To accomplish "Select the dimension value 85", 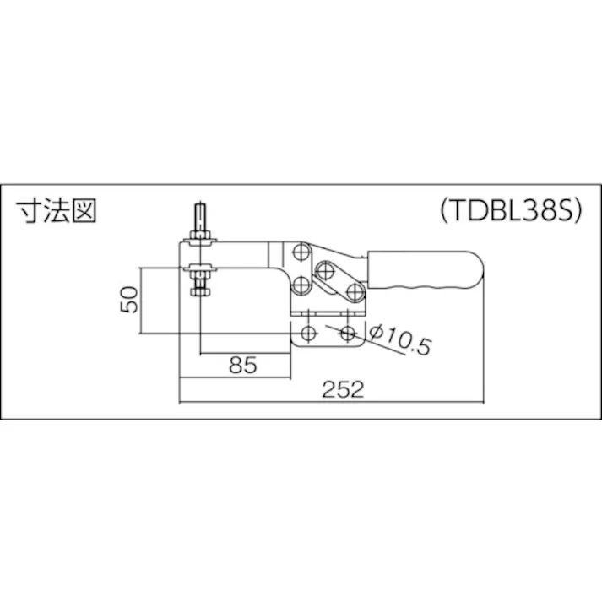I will [x=242, y=366].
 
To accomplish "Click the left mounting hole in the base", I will [x=307, y=332].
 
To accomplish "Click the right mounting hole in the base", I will [x=347, y=332].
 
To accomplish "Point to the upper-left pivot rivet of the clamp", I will [x=301, y=252].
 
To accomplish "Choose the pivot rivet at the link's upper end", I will [x=325, y=269].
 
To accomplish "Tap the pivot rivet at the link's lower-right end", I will [x=354, y=292].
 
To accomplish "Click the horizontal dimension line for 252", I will [x=253, y=403].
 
